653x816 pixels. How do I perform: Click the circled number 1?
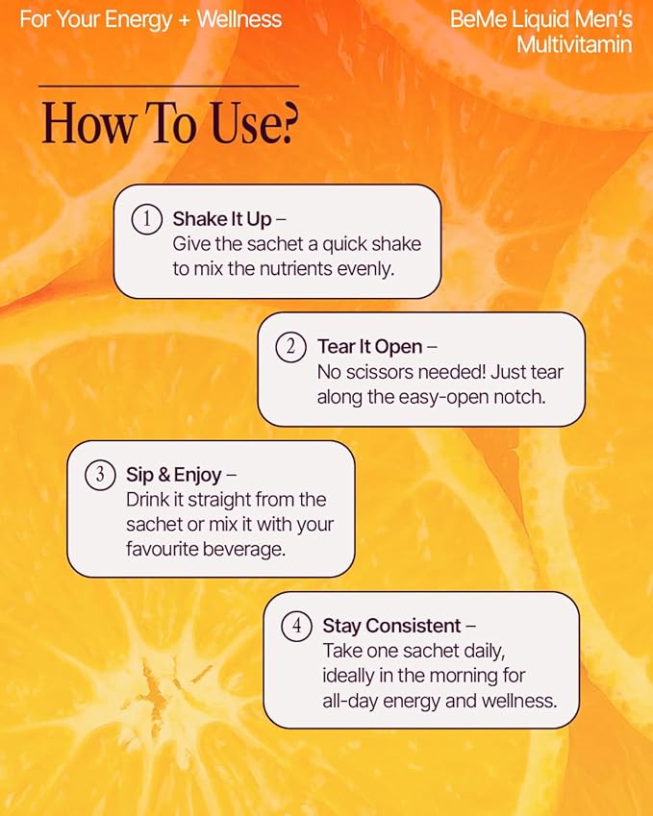point(146,219)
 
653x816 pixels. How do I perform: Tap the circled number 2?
point(290,346)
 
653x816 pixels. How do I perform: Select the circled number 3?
point(99,475)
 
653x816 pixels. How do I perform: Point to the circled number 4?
point(296,626)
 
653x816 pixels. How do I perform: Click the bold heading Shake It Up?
point(222,219)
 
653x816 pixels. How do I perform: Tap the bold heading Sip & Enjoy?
point(174,475)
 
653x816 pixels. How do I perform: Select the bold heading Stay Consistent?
point(392,626)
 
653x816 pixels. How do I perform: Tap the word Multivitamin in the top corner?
point(574,44)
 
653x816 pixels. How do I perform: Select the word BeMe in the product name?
point(472,19)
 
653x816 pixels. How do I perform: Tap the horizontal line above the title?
point(168,87)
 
